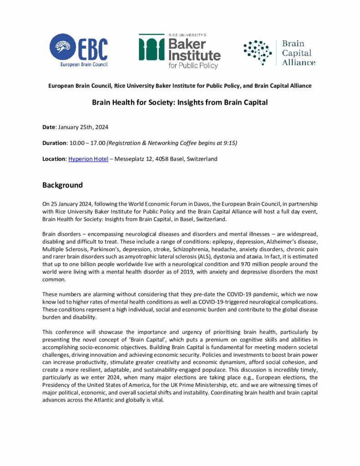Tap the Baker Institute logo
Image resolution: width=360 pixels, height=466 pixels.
click(179, 51)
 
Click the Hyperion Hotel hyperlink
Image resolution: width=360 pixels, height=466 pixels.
click(88, 159)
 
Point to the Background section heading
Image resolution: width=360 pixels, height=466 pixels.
click(63, 185)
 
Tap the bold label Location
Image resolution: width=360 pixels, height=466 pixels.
click(54, 159)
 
